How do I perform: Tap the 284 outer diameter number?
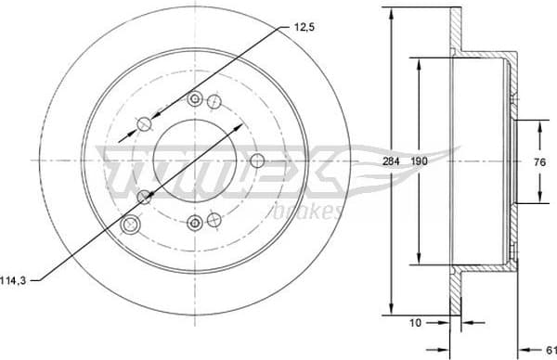pyautogui.click(x=391, y=161)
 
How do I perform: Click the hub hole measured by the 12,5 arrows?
pyautogui.click(x=144, y=123)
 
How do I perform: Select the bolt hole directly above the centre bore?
pyautogui.click(x=194, y=99)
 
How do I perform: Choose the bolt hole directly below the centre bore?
pyautogui.click(x=195, y=221)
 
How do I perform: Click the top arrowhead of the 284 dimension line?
pyautogui.click(x=391, y=12)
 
